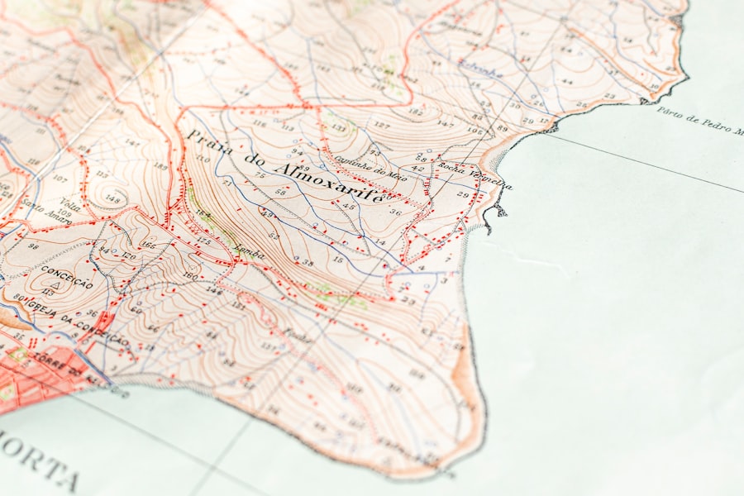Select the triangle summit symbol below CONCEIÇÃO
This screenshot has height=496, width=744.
(51, 283)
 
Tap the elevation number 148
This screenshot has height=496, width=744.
(112, 199)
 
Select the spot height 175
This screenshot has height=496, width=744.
(203, 240)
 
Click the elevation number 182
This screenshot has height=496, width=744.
(416, 112)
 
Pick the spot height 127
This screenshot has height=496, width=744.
(381, 125)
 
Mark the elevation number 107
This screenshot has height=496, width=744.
(59, 178)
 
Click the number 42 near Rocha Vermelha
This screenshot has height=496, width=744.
(417, 169)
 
